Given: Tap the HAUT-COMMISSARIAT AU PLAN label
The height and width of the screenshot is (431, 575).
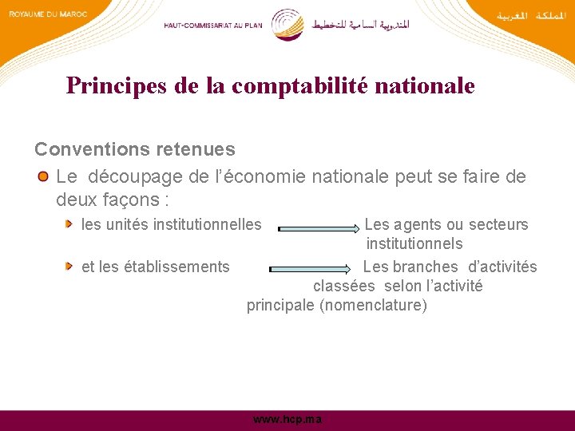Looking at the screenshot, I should [213, 25].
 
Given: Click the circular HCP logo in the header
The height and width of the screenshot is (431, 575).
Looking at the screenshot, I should [287, 24].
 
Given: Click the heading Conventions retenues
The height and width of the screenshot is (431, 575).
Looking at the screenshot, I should [134, 149].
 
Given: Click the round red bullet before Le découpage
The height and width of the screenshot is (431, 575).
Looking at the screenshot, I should [43, 176].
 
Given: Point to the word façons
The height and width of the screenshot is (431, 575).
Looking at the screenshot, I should [132, 198].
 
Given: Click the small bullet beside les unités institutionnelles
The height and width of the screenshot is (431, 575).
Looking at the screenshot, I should [70, 225].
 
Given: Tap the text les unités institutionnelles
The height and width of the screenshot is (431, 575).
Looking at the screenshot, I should [171, 225].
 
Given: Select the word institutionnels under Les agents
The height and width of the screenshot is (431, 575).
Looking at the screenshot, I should [414, 244].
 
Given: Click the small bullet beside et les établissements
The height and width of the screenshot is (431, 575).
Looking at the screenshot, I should [70, 267].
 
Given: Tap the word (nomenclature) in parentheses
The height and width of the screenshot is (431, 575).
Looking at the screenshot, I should [373, 306].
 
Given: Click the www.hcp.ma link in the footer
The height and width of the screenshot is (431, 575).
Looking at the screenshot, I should [287, 420].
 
